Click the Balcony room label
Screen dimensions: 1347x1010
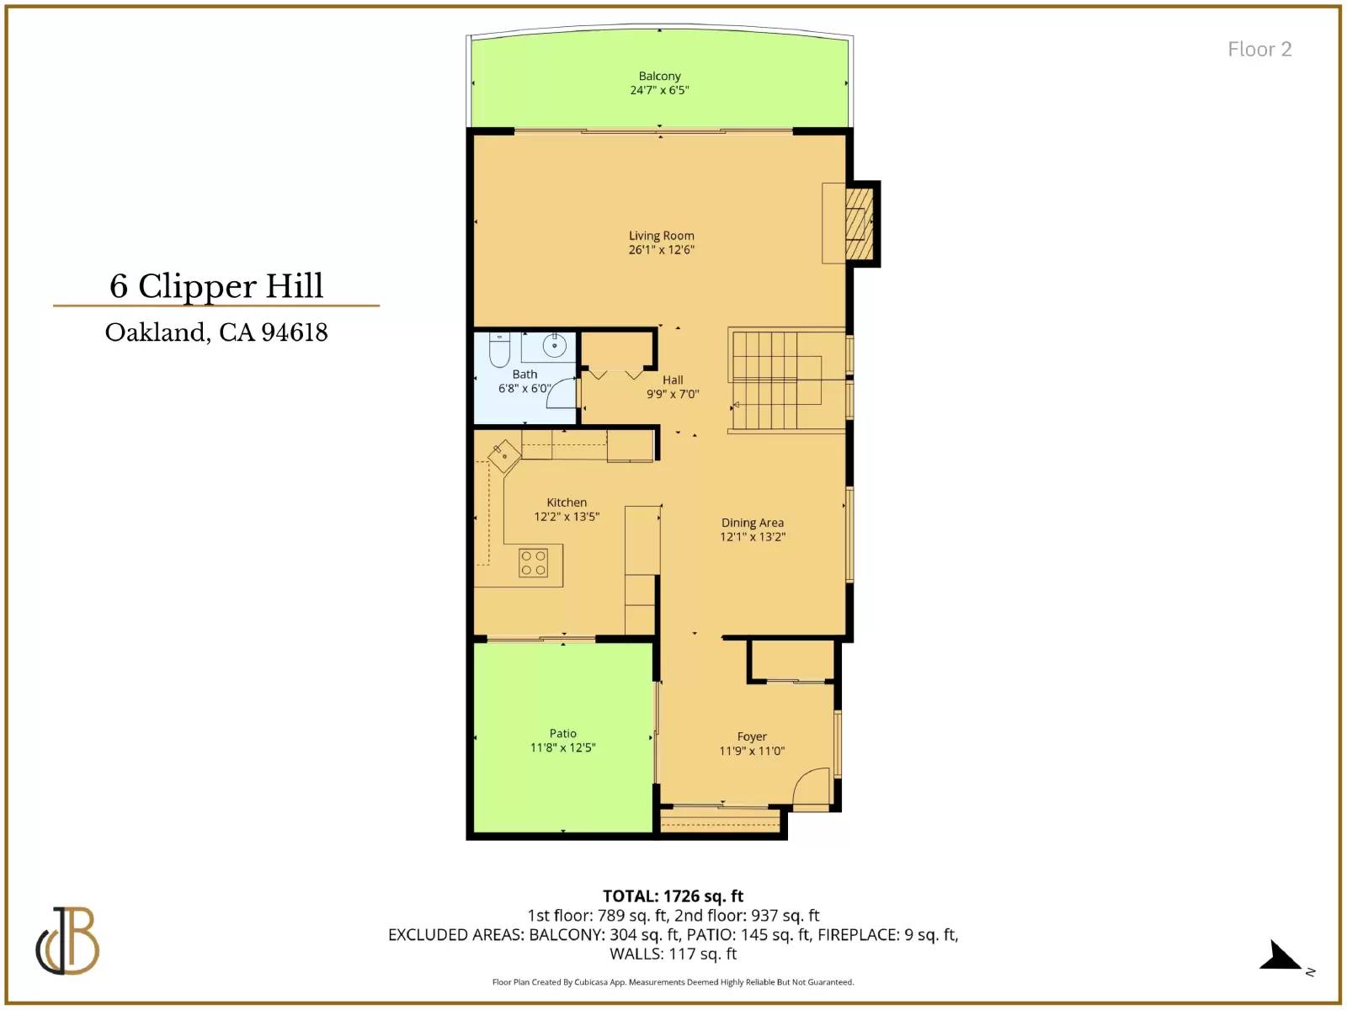click(x=660, y=76)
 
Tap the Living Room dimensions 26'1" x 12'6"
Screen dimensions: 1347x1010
click(x=662, y=250)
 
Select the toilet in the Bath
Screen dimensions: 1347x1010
click(x=499, y=349)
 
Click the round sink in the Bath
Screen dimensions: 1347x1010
click(x=555, y=346)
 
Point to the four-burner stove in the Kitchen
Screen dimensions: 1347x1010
click(x=533, y=563)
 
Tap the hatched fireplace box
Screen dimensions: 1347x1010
click(x=860, y=223)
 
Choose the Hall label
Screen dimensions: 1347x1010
click(x=673, y=380)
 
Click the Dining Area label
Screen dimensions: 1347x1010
click(x=753, y=523)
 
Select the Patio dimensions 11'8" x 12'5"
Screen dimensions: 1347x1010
click(x=562, y=747)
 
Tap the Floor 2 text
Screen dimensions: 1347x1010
click(x=1259, y=49)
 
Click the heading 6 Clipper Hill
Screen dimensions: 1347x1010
click(x=216, y=286)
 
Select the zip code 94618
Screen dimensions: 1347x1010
click(x=295, y=332)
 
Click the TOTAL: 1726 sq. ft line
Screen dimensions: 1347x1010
click(x=673, y=896)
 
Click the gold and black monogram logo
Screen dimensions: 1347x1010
click(x=67, y=941)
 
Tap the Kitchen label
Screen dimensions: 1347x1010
click(x=567, y=502)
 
